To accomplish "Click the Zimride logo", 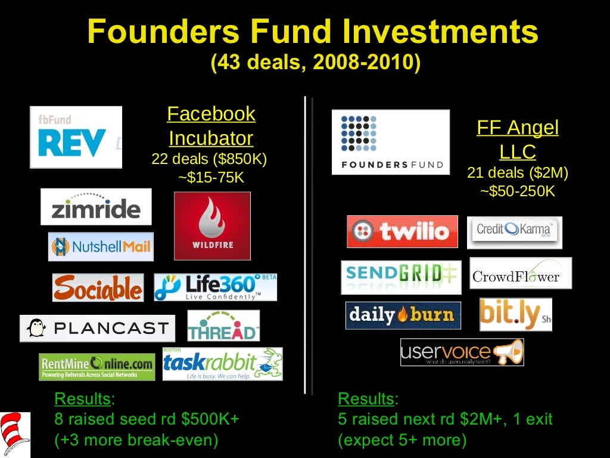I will pos(96,207).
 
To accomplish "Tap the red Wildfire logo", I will pos(212,226).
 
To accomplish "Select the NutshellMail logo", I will pos(101,246).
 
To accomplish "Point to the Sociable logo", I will pos(98,287).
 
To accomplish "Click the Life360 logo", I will pos(215,287).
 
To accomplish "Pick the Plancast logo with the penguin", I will pos(98,328).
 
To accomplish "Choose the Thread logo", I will pos(223,326).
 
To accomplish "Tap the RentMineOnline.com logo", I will pos(97,366).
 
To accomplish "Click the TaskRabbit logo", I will pos(222,364).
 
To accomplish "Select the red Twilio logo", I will pos(402,231).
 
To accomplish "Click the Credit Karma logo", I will pos(514,232).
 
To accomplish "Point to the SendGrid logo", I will pos(401,277).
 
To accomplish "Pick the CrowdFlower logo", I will pos(520,273).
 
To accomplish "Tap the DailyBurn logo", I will pos(403,315).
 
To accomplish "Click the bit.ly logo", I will pos(515,314).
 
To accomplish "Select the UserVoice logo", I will pos(462,352).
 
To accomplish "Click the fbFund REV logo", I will pos(76,137).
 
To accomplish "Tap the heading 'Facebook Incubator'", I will pos(211,126).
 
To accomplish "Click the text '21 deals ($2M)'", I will pos(518,173).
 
